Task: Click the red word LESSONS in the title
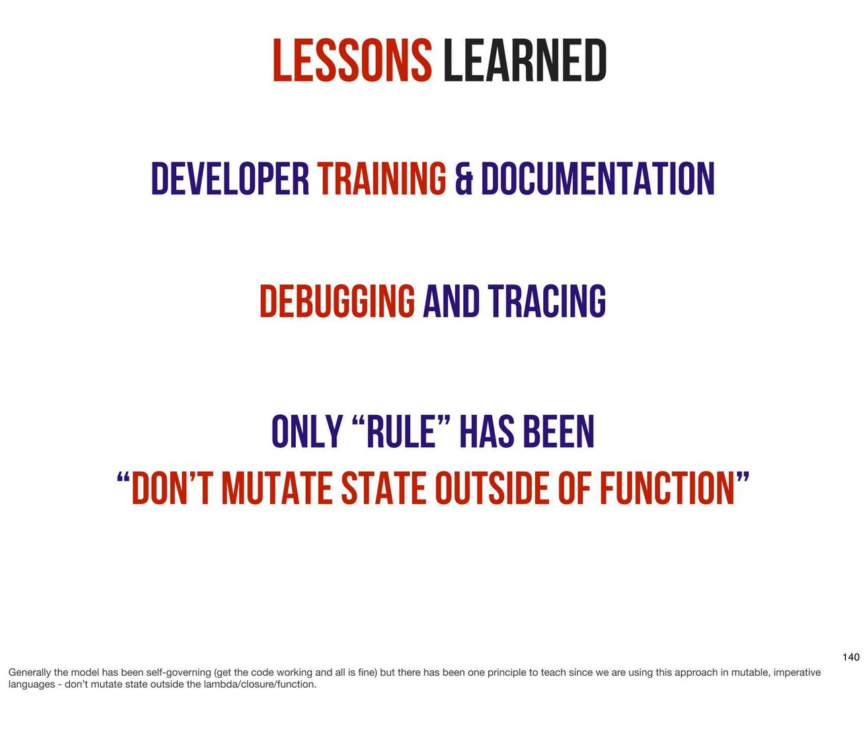tap(352, 60)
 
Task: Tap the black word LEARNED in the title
tap(525, 60)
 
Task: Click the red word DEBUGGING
tap(338, 301)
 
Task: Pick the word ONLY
tap(307, 431)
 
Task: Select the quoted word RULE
tap(401, 431)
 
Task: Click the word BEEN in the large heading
tap(559, 431)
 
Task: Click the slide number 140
tap(851, 657)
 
